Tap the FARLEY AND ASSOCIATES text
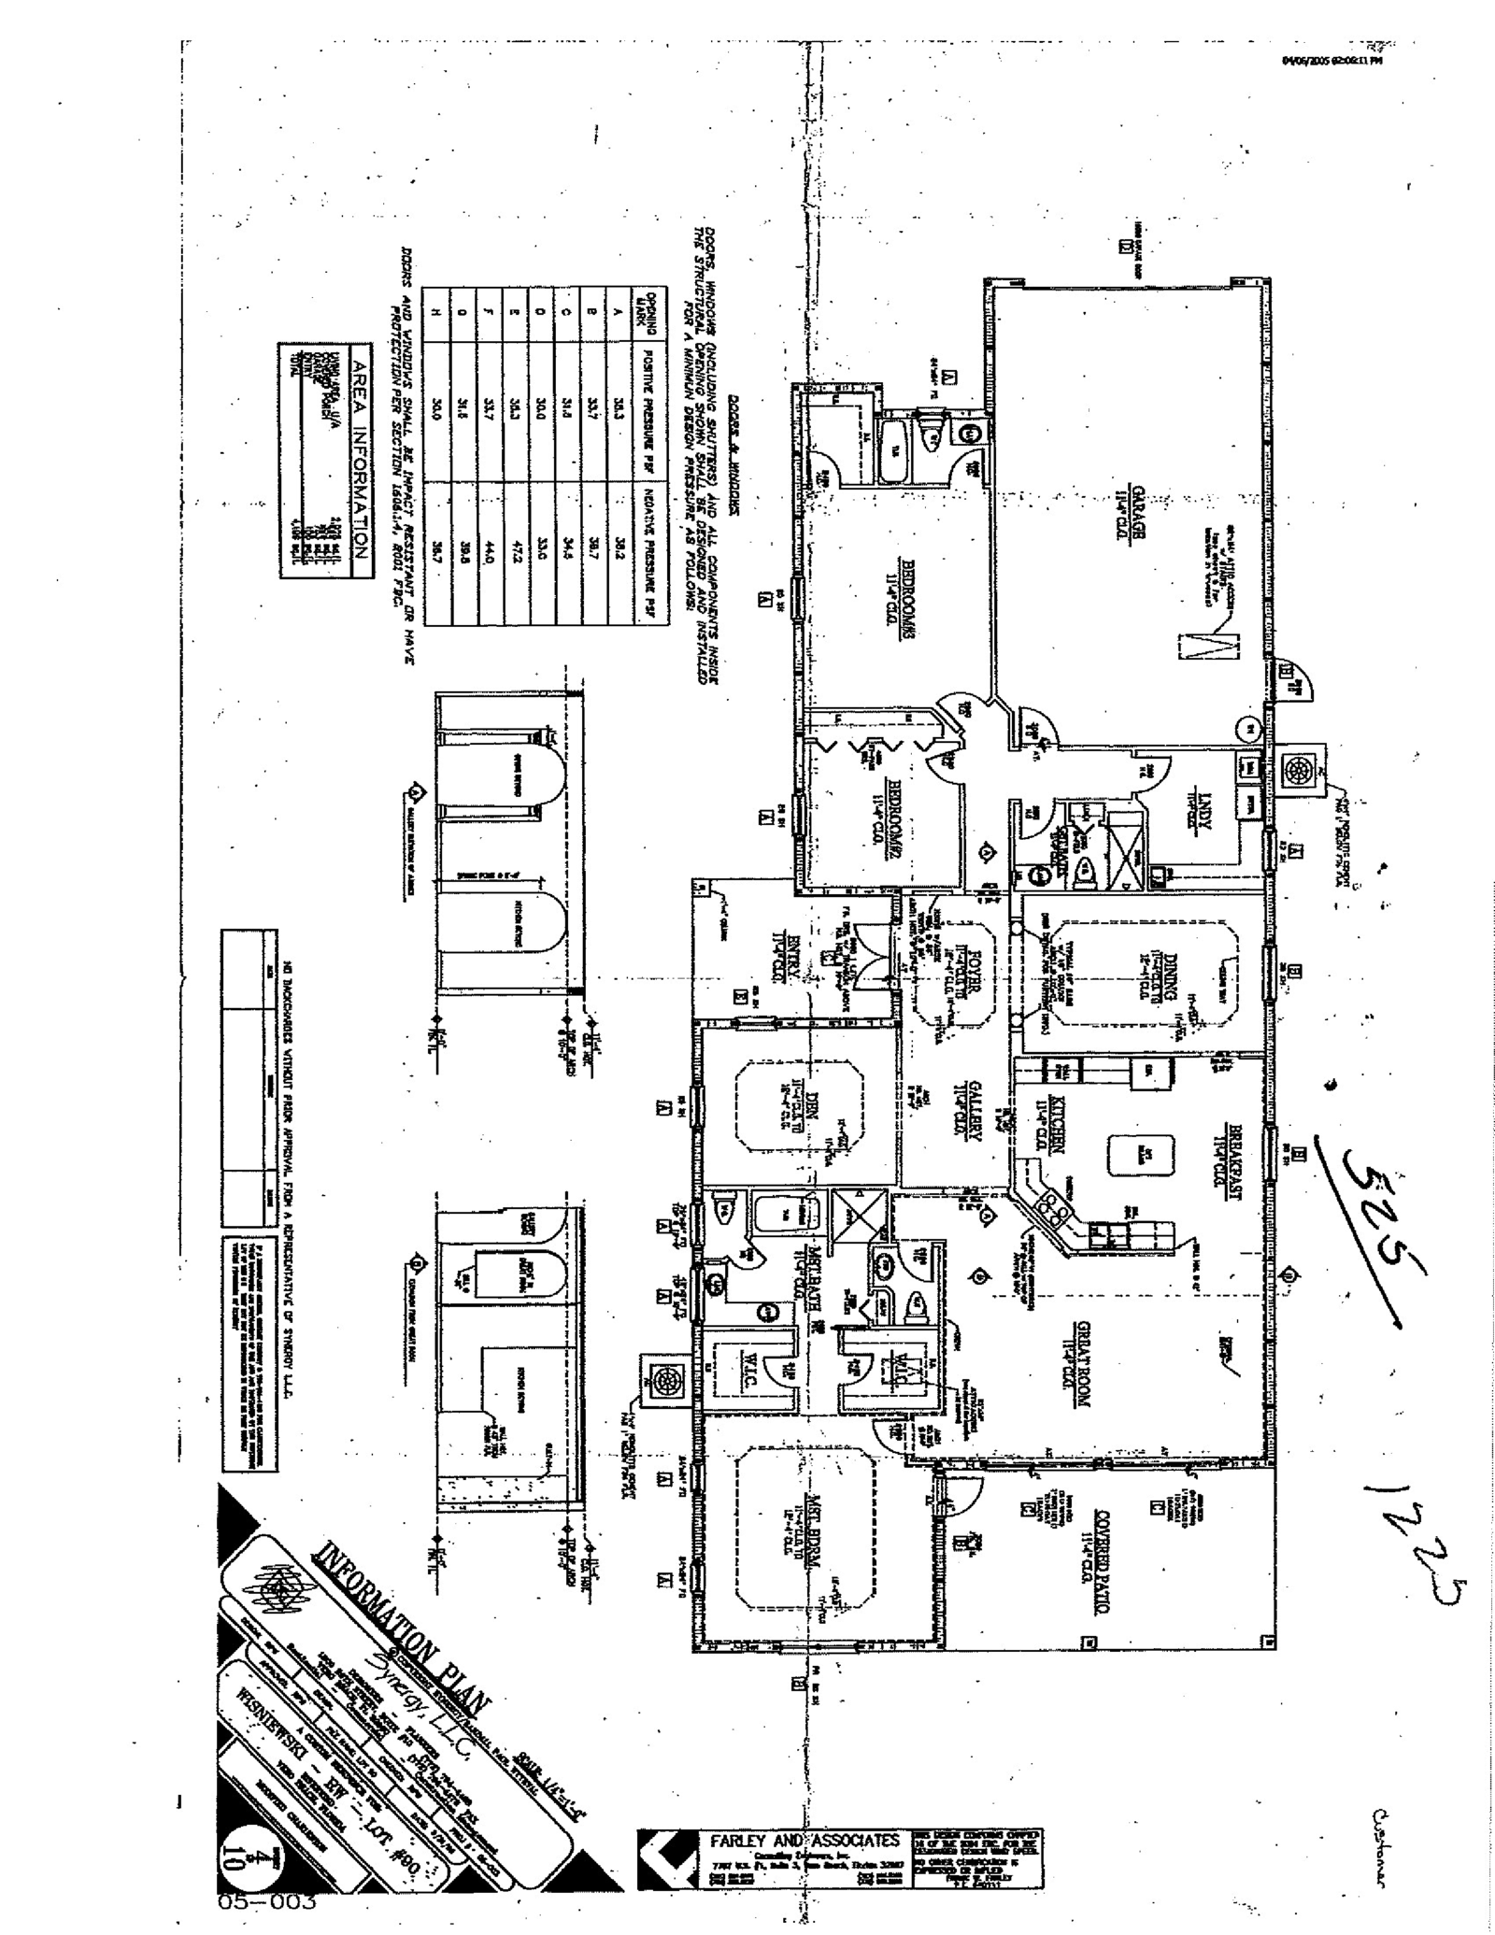(x=804, y=1840)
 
